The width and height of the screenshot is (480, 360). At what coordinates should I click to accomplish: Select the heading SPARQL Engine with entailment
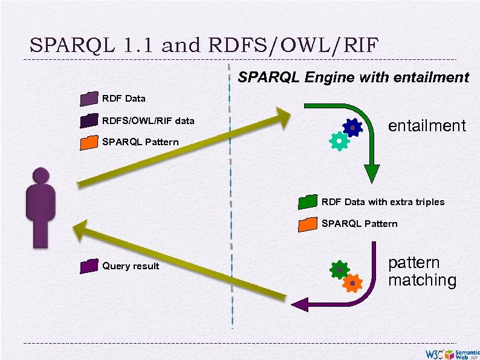353,77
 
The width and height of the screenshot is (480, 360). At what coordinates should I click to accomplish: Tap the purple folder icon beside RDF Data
88,99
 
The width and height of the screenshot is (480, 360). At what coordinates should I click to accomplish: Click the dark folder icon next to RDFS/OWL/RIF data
88,121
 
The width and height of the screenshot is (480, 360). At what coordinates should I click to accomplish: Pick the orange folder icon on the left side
88,142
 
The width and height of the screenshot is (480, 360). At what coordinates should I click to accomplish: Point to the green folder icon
307,201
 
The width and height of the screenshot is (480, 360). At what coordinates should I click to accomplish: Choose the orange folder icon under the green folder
307,224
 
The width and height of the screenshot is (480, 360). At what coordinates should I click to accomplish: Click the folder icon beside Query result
88,265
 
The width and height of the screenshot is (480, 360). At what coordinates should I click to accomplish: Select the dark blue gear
352,127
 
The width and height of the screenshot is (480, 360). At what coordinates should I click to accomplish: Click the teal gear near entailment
339,141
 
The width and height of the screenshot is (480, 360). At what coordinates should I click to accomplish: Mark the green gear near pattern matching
340,270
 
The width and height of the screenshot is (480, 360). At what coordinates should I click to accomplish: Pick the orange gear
352,282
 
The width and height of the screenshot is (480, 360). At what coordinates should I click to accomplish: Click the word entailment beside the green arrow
427,126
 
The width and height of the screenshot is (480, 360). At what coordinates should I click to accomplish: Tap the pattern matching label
422,272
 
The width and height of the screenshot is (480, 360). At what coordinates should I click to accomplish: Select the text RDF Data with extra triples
383,202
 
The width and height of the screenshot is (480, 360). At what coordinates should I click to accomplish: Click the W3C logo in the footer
434,353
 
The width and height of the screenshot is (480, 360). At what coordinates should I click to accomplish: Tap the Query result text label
131,266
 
